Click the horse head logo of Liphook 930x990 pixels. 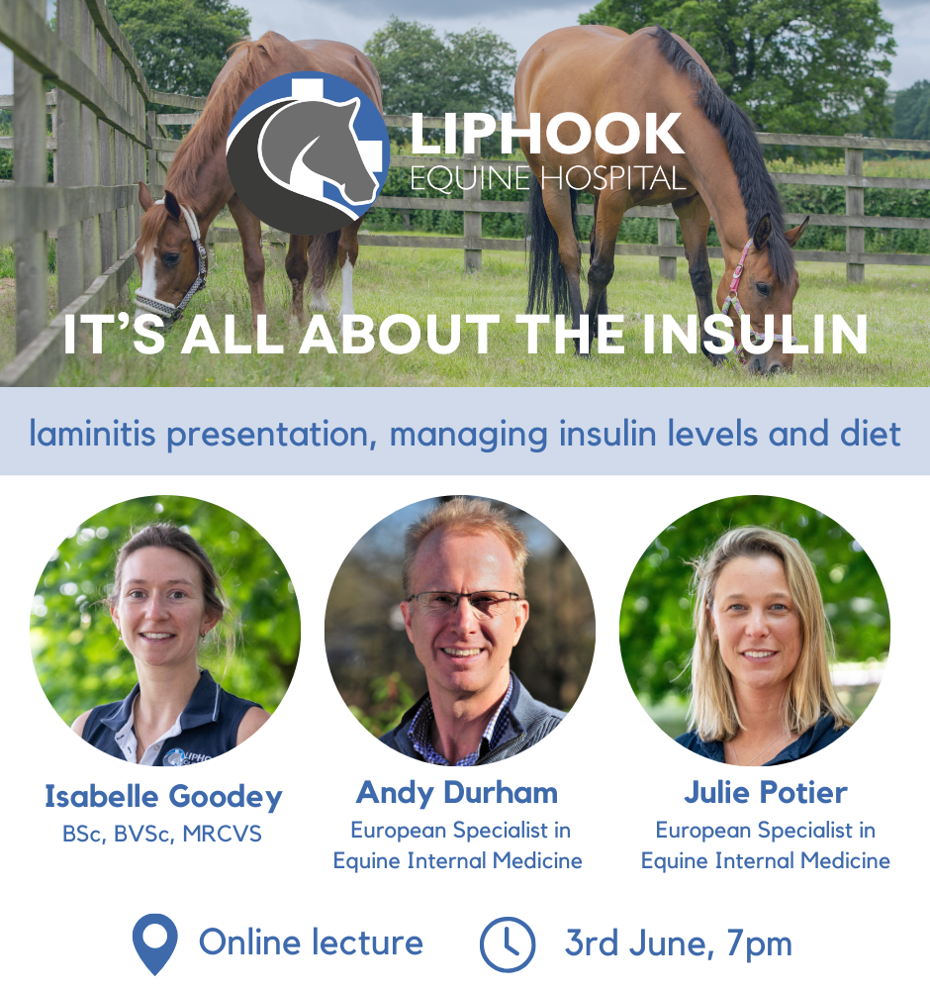point(308,153)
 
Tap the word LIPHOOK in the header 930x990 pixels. point(547,134)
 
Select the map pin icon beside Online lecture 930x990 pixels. point(154,943)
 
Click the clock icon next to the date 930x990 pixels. point(508,943)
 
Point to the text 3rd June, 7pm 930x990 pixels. point(679,943)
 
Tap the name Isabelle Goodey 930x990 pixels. point(163,797)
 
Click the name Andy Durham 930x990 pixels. point(457,793)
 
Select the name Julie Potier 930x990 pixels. point(766,793)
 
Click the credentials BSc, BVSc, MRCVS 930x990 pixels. point(162,834)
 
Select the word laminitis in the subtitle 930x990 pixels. point(92,434)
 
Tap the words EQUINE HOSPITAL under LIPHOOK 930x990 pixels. point(548,178)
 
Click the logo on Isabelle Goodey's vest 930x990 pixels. point(186,757)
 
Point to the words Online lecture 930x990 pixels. point(311,943)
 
